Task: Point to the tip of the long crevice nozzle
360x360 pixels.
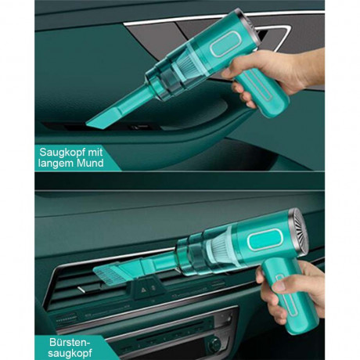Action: tap(92, 124)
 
